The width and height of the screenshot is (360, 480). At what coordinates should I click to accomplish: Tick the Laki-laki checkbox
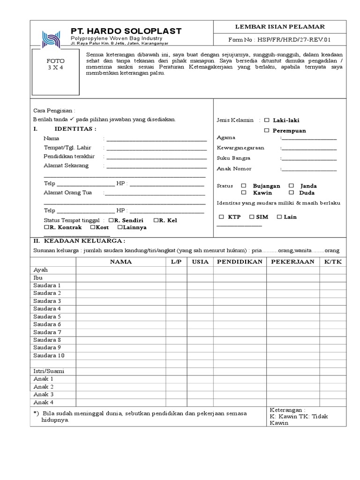[x=267, y=120]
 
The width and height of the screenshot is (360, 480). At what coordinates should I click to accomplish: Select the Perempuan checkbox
[x=267, y=130]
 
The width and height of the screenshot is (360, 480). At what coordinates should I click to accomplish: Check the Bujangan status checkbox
[x=244, y=186]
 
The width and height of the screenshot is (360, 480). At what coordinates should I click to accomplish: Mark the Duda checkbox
[x=291, y=193]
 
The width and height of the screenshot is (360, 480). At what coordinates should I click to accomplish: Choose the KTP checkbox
[x=221, y=217]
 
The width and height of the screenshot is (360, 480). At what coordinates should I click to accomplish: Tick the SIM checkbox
[x=252, y=217]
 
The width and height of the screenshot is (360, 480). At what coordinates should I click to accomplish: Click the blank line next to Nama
[x=156, y=139]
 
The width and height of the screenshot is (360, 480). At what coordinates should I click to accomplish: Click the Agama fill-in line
[x=309, y=139]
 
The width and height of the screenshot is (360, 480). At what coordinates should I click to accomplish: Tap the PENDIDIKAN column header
[x=240, y=262]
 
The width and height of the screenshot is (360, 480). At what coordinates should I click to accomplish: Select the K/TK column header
[x=333, y=262]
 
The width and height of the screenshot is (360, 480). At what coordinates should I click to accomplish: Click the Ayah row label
[x=40, y=270]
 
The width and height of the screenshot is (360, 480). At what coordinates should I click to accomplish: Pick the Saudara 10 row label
[x=48, y=355]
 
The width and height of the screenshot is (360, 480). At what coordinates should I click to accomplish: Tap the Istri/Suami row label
[x=48, y=371]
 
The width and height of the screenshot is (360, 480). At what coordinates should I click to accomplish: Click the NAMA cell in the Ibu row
[x=120, y=277]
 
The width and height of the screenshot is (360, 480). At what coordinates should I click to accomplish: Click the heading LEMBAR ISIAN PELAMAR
[x=280, y=27]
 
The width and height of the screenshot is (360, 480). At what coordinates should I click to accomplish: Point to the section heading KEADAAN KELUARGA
[x=84, y=241]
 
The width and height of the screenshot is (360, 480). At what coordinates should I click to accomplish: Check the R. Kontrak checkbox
[x=46, y=227]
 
